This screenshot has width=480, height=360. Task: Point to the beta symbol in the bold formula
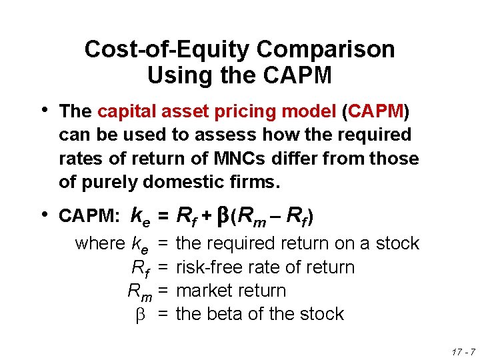[x=224, y=216]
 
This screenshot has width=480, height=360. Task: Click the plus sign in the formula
[x=207, y=216]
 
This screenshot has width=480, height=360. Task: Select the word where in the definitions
[x=101, y=244]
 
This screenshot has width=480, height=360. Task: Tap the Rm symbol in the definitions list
[x=138, y=291]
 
